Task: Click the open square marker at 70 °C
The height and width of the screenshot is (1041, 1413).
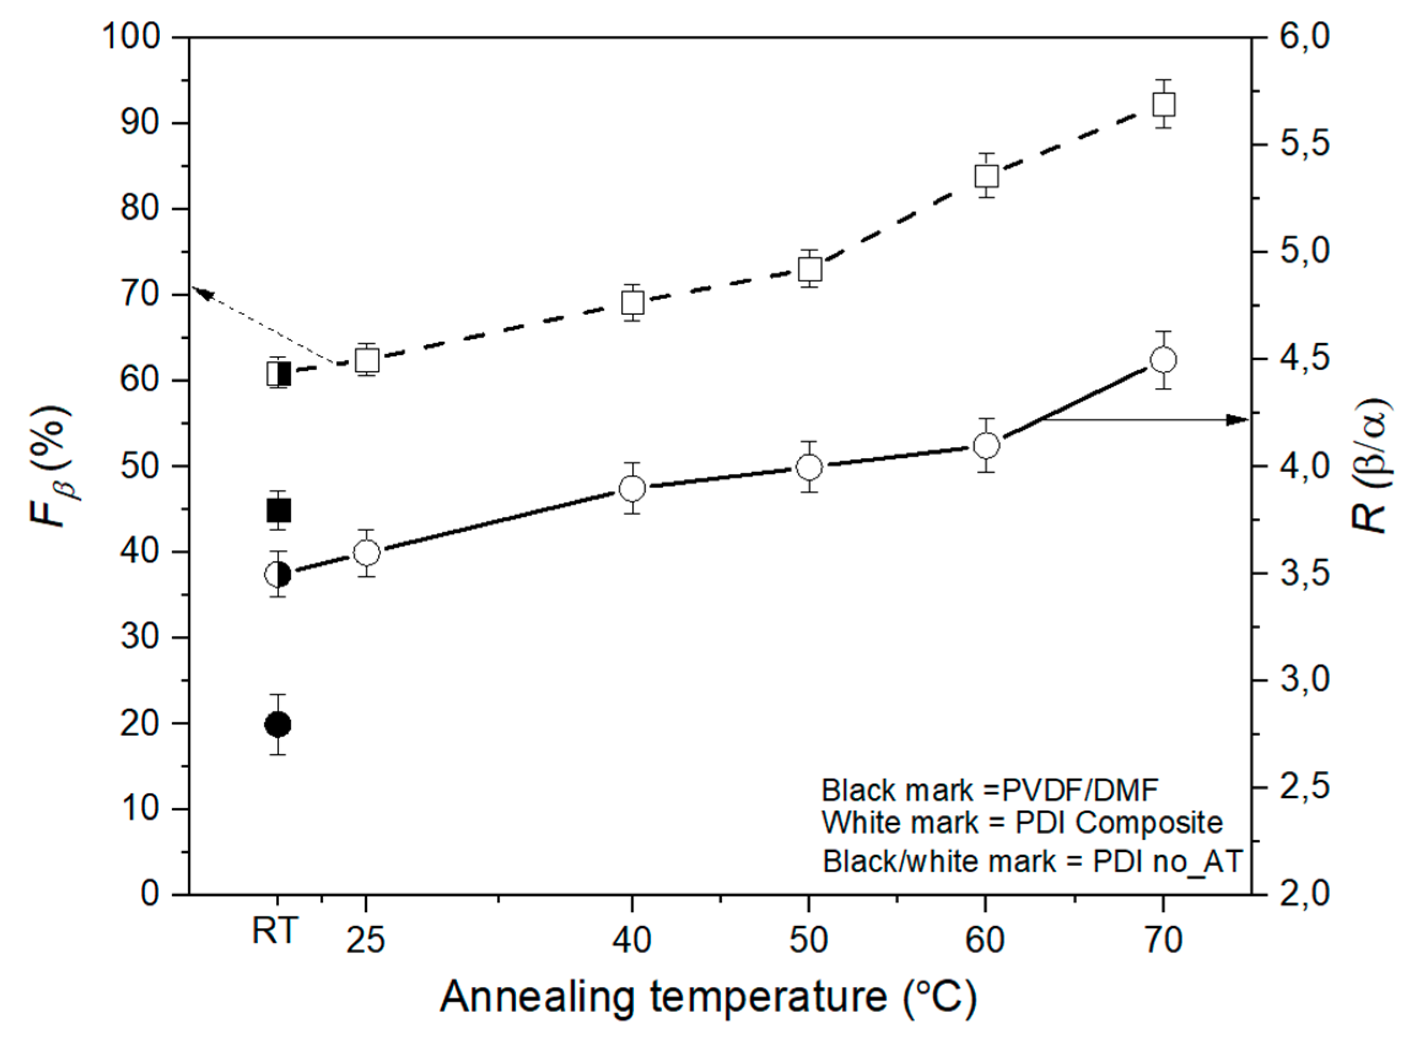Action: point(1163,105)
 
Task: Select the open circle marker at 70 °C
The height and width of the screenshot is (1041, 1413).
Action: point(1163,360)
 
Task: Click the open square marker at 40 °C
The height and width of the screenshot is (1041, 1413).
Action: point(632,303)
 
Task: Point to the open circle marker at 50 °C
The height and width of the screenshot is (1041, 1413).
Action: point(810,467)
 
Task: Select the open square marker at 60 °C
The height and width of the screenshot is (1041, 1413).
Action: point(986,176)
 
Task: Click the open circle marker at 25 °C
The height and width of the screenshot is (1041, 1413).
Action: point(367,553)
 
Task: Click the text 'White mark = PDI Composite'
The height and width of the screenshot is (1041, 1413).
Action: point(1022,822)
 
